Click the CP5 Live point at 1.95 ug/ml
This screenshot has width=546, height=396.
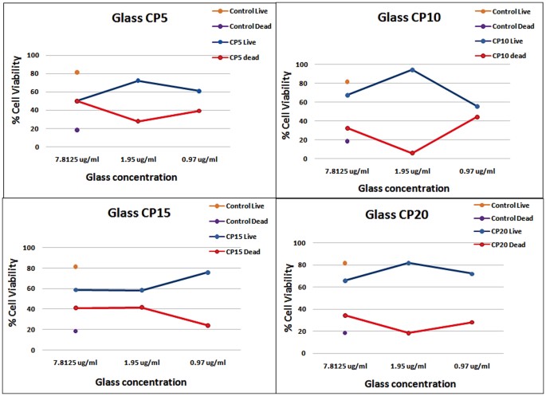(138, 80)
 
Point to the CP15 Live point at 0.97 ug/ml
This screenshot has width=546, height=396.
(208, 272)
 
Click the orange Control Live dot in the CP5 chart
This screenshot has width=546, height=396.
(77, 73)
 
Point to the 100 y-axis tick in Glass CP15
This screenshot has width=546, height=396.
(53, 248)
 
